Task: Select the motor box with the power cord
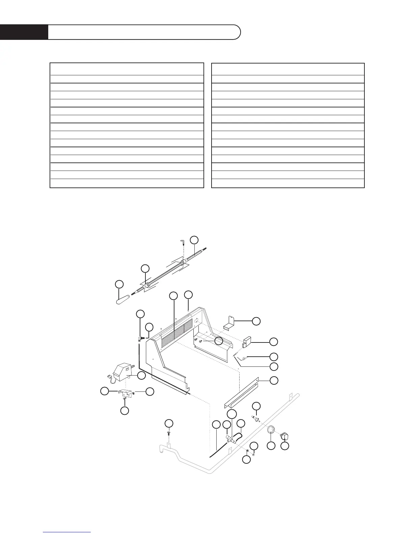tap(123, 372)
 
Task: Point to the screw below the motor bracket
tap(124, 399)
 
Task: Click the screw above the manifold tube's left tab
tap(169, 433)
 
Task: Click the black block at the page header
tap(24, 32)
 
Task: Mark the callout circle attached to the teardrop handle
tap(119, 284)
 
